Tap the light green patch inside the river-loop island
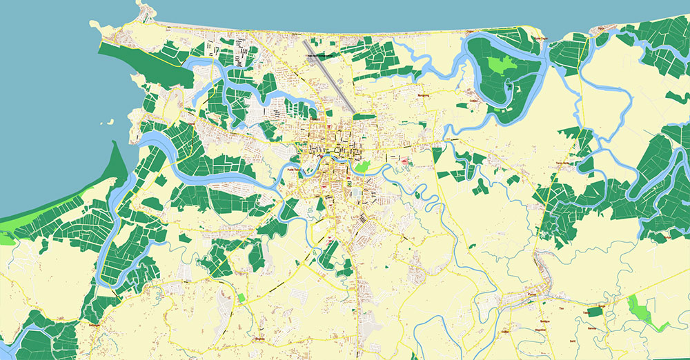502,66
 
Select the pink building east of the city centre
404,161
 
